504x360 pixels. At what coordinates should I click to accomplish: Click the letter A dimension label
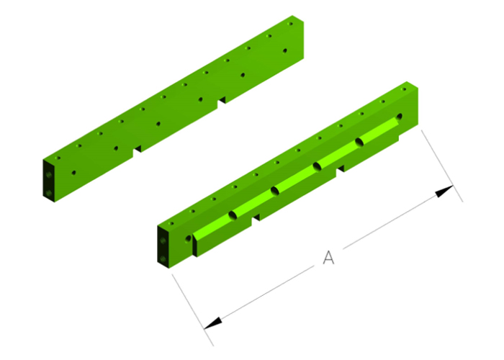(x=328, y=257)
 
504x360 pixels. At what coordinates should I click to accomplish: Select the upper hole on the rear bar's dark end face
(x=48, y=174)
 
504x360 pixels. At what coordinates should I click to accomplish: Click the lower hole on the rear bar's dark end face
(x=48, y=192)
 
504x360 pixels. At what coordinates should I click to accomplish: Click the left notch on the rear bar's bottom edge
(x=136, y=152)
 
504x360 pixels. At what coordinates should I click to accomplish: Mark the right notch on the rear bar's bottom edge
(x=222, y=100)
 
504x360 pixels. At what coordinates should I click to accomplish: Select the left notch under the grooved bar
(x=256, y=217)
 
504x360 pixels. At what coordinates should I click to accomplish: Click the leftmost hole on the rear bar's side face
(x=73, y=173)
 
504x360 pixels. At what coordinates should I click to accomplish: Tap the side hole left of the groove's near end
(x=189, y=236)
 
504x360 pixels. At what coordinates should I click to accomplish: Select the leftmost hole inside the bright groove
(x=233, y=215)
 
